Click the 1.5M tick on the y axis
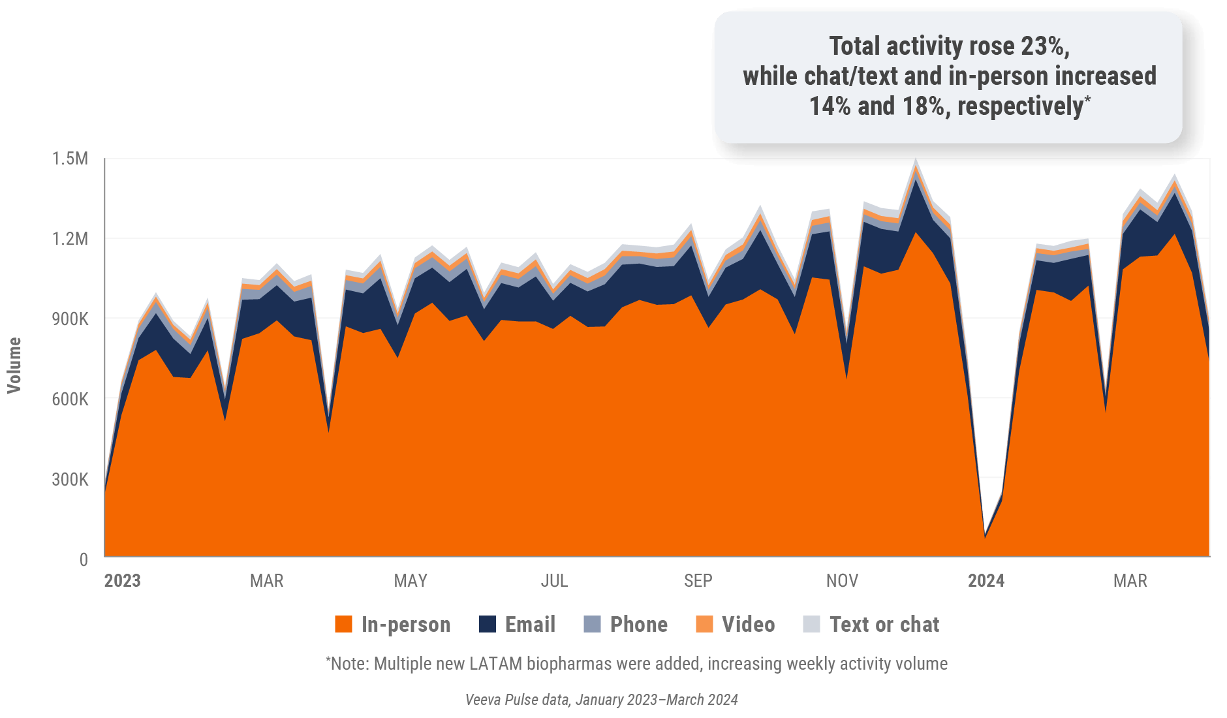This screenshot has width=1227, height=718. (x=70, y=159)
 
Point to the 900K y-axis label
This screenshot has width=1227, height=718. (x=70, y=319)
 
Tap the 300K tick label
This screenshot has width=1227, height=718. (x=70, y=480)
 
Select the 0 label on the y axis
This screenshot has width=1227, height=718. (x=84, y=559)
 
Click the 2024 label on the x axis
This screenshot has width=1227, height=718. (x=986, y=581)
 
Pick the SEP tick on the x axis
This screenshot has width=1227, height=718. (x=698, y=581)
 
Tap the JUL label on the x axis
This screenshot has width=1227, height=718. (x=554, y=581)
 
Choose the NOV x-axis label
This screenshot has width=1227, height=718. (x=842, y=581)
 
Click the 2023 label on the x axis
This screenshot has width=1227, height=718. (x=122, y=581)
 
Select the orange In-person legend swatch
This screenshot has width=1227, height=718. (x=343, y=625)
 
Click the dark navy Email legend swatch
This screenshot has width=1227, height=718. (x=488, y=625)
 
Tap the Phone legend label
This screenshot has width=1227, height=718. (x=638, y=625)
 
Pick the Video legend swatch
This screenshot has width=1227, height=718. (x=704, y=625)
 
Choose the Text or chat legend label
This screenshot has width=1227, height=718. (x=884, y=625)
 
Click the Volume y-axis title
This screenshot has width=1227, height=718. (x=14, y=366)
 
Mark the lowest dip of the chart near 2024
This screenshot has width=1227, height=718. (x=985, y=537)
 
